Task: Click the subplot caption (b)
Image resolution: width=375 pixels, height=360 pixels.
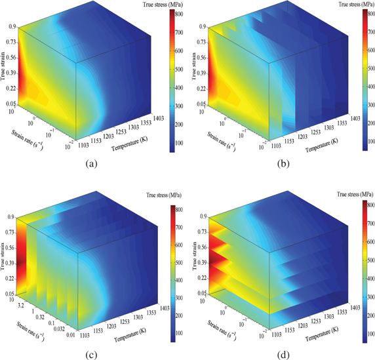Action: coord(280,164)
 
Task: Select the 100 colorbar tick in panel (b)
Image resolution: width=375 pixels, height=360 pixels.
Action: coord(366,140)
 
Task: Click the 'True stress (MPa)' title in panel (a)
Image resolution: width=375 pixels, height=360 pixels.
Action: coord(165,5)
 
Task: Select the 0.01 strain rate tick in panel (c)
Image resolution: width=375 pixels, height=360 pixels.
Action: coord(69,337)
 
